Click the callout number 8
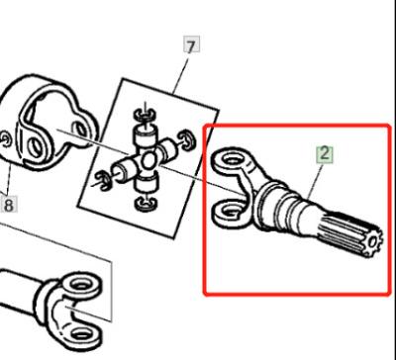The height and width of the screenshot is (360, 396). point(9,206)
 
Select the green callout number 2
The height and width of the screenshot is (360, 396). point(325,153)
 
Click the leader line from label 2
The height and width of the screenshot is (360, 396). point(314,177)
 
